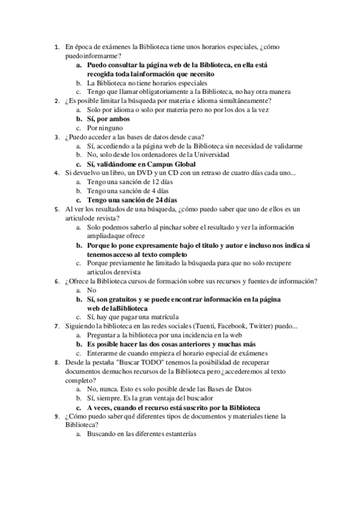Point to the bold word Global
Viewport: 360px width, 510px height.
(x=182, y=164)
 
